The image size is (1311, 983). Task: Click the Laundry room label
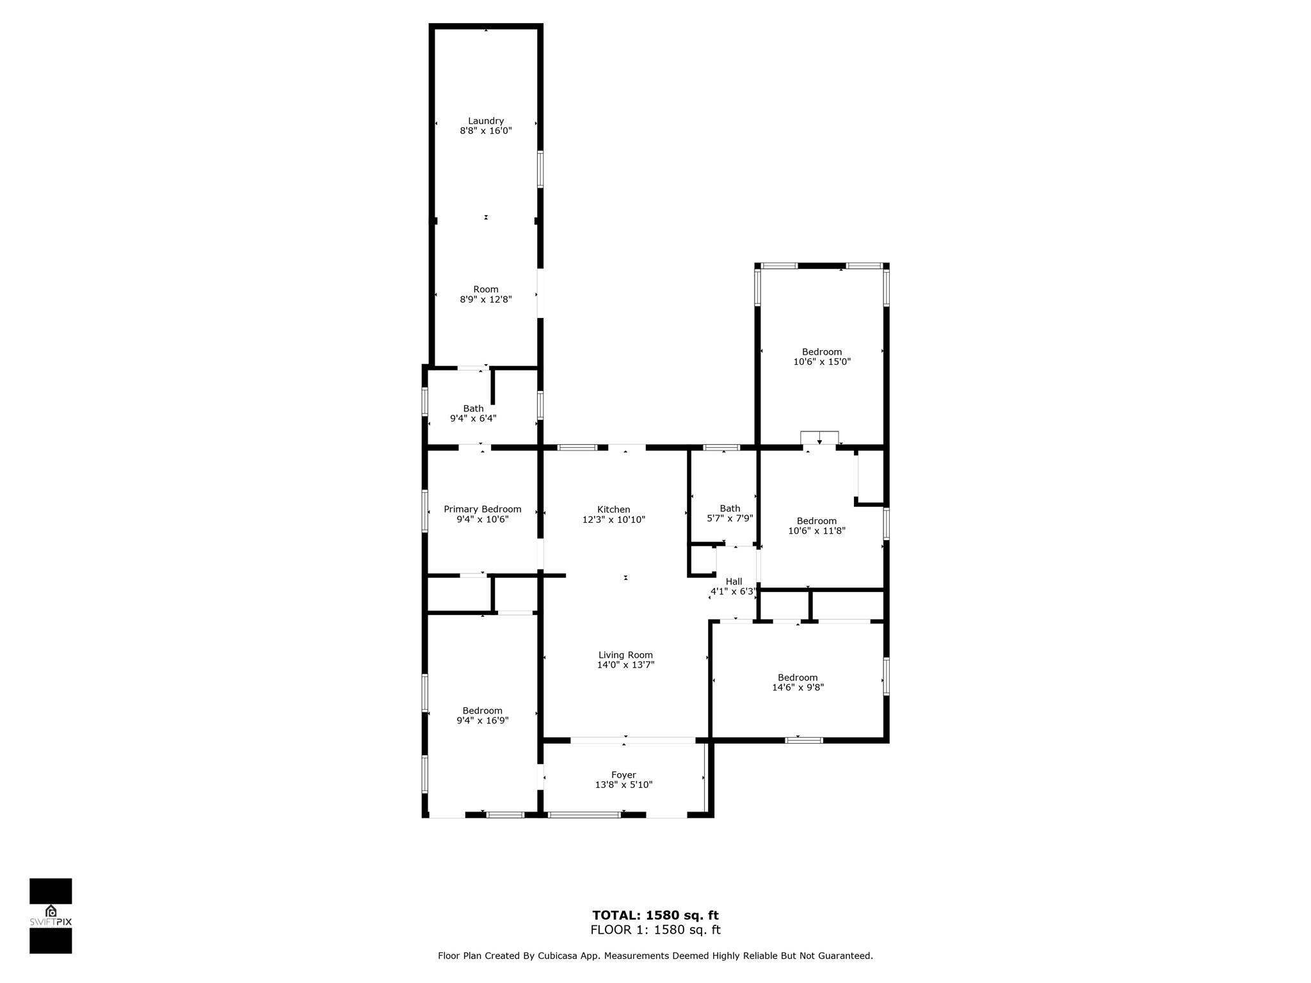[486, 121]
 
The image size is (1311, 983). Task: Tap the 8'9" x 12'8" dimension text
[486, 300]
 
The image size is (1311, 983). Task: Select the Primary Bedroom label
[483, 509]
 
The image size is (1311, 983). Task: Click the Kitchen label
[614, 509]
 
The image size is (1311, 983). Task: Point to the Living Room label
[625, 655]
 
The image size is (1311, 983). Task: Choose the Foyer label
[623, 775]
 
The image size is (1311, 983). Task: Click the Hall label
[734, 582]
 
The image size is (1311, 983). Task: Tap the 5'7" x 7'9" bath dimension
[730, 518]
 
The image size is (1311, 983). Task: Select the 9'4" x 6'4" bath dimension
[474, 419]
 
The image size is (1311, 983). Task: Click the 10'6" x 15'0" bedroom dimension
[822, 362]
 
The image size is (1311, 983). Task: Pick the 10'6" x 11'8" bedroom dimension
[817, 531]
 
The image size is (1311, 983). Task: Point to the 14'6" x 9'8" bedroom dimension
[798, 687]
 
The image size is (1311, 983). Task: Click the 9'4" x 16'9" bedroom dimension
[483, 721]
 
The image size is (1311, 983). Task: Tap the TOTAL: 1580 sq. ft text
[655, 915]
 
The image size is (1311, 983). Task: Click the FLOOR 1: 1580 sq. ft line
[655, 930]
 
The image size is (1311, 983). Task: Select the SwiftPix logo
[51, 915]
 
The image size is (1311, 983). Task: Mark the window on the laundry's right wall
[540, 170]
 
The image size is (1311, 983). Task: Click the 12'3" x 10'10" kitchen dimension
[614, 520]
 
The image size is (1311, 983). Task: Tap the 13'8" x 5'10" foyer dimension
[623, 785]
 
